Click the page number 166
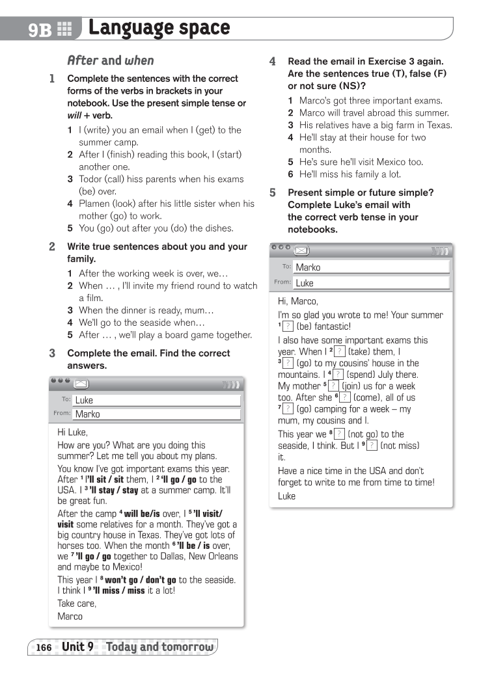44,648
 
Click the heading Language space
159,28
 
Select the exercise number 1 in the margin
52,79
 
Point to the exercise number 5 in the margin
273,193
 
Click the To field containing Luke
157,401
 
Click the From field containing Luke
371,283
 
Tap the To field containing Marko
371,267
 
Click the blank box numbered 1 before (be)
288,326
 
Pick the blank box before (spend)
338,375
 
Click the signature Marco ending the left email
70,616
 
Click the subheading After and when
111,60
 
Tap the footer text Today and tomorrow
159,647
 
